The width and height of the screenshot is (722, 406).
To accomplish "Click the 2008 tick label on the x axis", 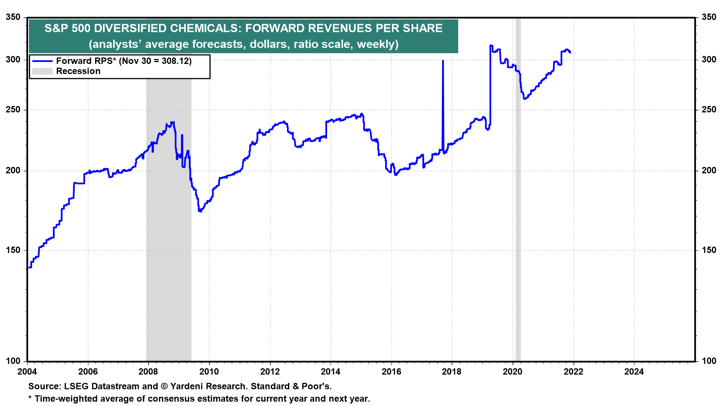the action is tap(148, 372).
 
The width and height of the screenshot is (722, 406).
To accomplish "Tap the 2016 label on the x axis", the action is tap(391, 372).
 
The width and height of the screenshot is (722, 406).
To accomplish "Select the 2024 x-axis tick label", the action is tap(634, 372).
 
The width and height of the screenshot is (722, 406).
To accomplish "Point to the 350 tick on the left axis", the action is tap(13, 17).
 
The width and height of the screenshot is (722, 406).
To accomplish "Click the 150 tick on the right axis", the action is tap(709, 250).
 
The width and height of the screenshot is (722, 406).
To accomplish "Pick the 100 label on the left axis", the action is tap(13, 361).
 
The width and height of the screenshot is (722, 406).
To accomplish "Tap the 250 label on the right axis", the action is tap(709, 110).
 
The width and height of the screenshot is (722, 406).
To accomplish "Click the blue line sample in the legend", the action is tap(42, 61).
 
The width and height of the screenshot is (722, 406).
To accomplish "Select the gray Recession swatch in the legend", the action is tap(42, 71).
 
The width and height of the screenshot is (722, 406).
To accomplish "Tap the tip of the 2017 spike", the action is tap(443, 61).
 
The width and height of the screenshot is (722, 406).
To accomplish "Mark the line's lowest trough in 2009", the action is tap(200, 211).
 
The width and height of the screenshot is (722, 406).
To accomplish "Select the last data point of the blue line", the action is tap(570, 52).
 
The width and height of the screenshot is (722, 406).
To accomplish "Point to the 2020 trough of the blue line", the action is tap(525, 98).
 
